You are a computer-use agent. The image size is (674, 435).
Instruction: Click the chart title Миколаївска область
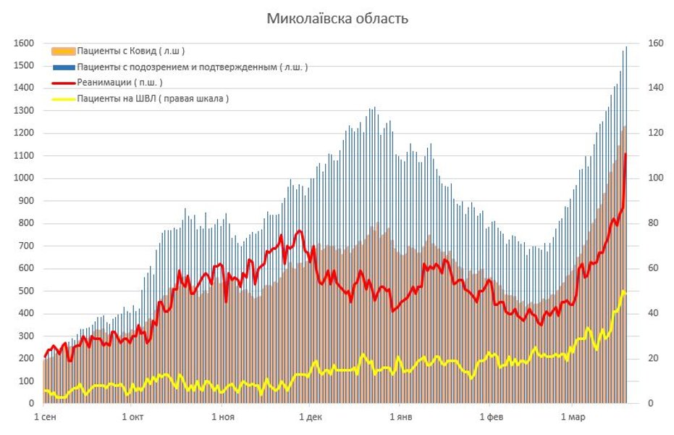[337, 18]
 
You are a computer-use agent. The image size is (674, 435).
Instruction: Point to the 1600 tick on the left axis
[25, 43]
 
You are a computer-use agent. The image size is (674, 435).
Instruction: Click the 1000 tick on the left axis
[25, 178]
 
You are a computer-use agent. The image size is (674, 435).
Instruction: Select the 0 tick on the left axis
[31, 403]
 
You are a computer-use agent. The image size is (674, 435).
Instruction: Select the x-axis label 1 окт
[133, 418]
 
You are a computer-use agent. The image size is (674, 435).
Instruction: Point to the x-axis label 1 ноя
[223, 418]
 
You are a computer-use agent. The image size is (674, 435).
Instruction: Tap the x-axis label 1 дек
[310, 418]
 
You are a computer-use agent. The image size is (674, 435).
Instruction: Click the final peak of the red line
[625, 154]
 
